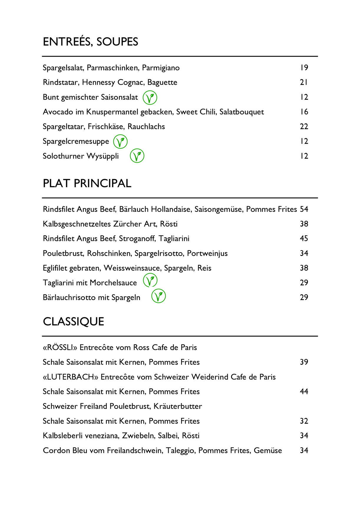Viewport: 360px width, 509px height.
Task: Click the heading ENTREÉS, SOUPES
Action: pyautogui.click(x=90, y=42)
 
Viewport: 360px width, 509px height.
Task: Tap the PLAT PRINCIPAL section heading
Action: pyautogui.click(x=87, y=183)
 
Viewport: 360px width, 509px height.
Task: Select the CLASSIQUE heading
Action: pyautogui.click(x=73, y=321)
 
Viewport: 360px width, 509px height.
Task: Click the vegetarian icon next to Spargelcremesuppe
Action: pyautogui.click(x=120, y=142)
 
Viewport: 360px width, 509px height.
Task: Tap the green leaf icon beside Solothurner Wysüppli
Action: pyautogui.click(x=137, y=156)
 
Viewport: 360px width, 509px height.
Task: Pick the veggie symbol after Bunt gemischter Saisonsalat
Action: pyautogui.click(x=150, y=97)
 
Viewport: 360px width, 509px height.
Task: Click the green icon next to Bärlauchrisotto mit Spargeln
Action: pyautogui.click(x=158, y=296)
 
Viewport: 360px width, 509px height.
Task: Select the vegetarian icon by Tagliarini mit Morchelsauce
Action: pyautogui.click(x=150, y=281)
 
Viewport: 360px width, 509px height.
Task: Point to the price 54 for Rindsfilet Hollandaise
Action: pyautogui.click(x=304, y=209)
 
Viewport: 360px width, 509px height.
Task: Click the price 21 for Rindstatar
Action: pyautogui.click(x=304, y=82)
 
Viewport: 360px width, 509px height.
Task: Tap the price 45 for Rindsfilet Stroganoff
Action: pyautogui.click(x=304, y=238)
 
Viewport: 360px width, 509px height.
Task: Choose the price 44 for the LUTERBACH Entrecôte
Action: pyautogui.click(x=304, y=392)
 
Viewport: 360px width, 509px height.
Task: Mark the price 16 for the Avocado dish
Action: pyautogui.click(x=304, y=112)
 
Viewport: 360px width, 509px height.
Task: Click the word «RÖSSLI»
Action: pyautogui.click(x=60, y=348)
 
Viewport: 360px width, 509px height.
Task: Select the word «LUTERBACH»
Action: pyautogui.click(x=70, y=377)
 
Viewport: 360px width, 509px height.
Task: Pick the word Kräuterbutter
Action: pyautogui.click(x=178, y=406)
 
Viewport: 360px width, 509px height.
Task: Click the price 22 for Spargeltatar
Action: pyautogui.click(x=304, y=127)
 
